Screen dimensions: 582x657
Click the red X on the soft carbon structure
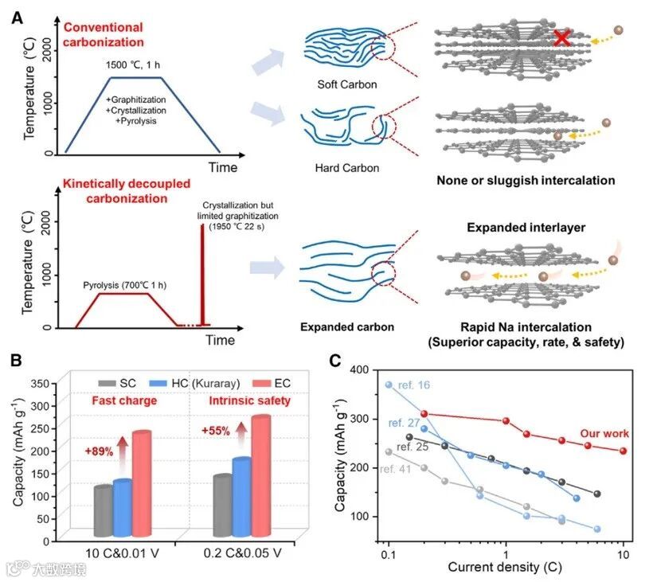click(x=561, y=37)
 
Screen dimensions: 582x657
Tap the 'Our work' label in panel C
click(x=605, y=434)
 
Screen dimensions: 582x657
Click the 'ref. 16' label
click(x=413, y=386)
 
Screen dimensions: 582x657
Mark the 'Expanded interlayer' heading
click(x=526, y=229)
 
